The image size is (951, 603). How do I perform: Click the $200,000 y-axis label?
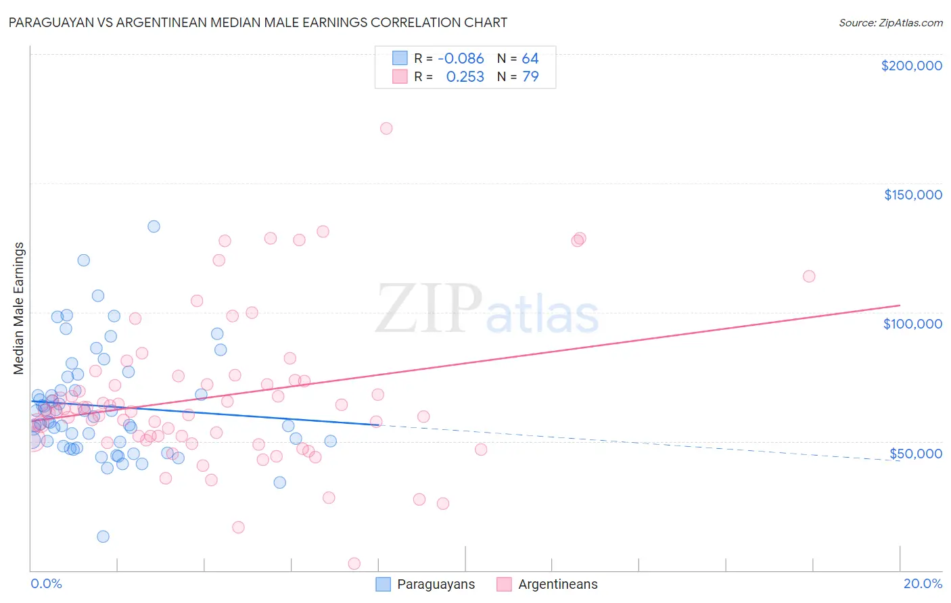pos(911,66)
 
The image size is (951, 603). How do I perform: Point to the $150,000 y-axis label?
pos(912,195)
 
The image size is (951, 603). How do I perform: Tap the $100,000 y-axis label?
pos(912,324)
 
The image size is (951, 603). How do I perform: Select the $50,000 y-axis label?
pos(915,454)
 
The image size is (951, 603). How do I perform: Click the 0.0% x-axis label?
pos(46,584)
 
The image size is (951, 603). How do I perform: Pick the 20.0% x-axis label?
pos(923,584)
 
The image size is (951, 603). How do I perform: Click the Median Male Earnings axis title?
pos(19,308)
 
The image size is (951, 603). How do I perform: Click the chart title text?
pos(258,22)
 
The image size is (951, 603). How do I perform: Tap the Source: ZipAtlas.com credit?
pos(890,23)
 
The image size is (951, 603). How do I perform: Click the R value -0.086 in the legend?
pos(461,59)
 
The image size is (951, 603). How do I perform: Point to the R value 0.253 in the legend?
pos(465,77)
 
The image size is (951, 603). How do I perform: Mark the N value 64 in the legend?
pos(530,59)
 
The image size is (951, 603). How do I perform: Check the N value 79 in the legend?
pos(530,77)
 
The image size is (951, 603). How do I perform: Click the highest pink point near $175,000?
pos(386,128)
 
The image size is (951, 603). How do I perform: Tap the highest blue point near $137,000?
pos(154,226)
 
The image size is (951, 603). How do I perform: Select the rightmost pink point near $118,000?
pos(809,276)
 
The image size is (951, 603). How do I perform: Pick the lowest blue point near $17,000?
pos(103,537)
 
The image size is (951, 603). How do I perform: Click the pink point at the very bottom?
pos(354,564)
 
